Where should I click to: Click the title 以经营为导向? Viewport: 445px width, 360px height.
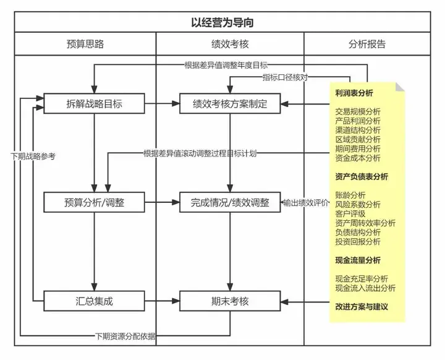click(x=222, y=22)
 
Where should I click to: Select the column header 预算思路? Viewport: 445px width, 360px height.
click(x=85, y=44)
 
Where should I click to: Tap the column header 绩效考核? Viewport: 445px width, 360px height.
click(x=230, y=44)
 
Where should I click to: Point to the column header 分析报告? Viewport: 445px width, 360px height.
click(x=367, y=44)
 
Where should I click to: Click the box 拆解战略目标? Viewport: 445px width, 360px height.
click(x=94, y=103)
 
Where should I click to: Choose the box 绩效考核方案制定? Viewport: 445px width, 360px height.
click(x=230, y=103)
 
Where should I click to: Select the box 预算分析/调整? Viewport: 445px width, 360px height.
click(x=94, y=202)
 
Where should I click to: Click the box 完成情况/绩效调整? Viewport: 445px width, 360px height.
click(x=230, y=202)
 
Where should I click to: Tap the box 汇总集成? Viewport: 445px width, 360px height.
click(x=94, y=301)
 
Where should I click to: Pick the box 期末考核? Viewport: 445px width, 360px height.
click(x=230, y=301)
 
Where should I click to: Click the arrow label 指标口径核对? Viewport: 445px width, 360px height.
click(x=285, y=77)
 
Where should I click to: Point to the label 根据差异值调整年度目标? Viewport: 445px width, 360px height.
click(x=226, y=66)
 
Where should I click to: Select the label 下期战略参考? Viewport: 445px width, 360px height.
click(x=33, y=156)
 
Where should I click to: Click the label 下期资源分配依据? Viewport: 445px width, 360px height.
click(x=125, y=336)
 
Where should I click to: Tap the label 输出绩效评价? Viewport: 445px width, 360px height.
click(x=306, y=203)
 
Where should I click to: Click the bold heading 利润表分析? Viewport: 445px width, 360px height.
click(x=354, y=93)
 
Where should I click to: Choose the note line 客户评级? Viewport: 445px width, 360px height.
click(x=350, y=213)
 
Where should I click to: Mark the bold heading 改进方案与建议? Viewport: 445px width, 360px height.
click(x=362, y=307)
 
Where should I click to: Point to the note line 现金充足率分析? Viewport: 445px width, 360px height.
click(x=362, y=279)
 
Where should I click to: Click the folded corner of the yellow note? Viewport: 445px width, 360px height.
click(x=400, y=87)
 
